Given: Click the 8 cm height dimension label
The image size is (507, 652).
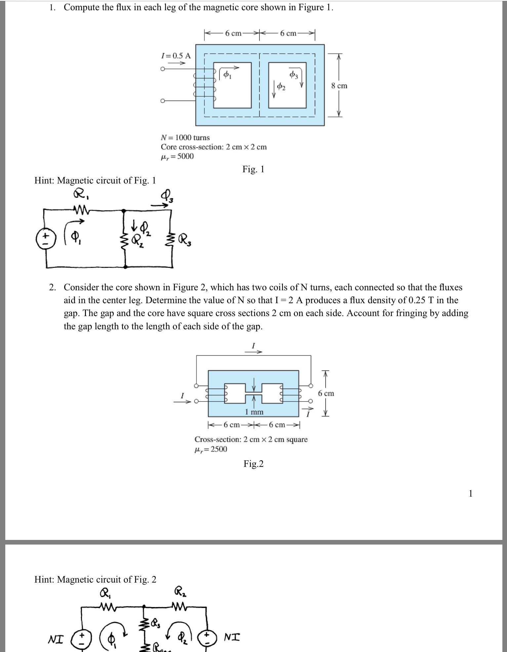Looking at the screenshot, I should (339, 86).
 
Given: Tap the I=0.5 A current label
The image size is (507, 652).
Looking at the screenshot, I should (175, 55).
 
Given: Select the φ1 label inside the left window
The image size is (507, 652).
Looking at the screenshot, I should (227, 75).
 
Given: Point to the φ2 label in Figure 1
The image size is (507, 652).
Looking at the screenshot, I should (281, 87).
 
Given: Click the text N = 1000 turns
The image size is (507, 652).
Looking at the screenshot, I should (185, 138).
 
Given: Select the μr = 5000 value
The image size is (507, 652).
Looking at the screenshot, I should (177, 156).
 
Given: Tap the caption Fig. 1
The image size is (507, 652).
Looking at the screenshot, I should (253, 169).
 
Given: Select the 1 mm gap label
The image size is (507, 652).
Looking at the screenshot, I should (254, 412).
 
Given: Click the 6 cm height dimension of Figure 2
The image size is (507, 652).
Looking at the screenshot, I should (326, 393).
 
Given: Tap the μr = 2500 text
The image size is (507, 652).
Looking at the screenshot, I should (211, 449).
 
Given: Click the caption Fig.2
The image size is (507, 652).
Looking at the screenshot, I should (253, 464).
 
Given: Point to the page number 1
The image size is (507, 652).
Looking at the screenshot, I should (471, 494).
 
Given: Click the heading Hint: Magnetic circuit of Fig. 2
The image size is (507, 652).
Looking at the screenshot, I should (95, 579).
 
